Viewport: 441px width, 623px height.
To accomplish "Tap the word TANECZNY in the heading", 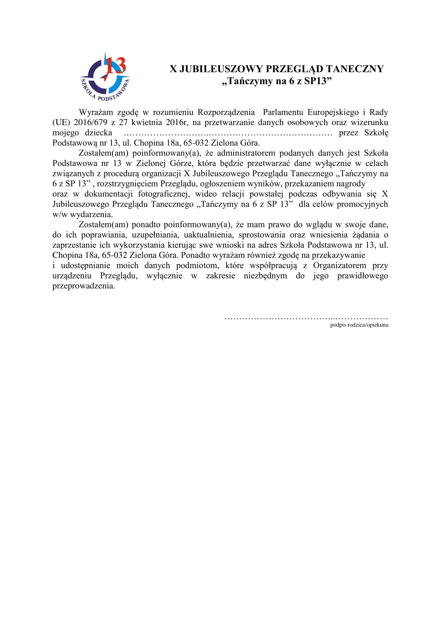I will coord(355,69).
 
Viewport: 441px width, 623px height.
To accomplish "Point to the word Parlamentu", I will coord(283,112).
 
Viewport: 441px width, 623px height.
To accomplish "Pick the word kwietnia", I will coord(147,122).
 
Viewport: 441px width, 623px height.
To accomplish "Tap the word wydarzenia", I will coord(91,215).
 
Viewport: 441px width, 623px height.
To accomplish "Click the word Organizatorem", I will coord(339,265).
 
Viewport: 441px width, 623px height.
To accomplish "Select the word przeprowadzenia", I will coord(84,286).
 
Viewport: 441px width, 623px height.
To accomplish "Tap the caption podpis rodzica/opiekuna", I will coord(359,325).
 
